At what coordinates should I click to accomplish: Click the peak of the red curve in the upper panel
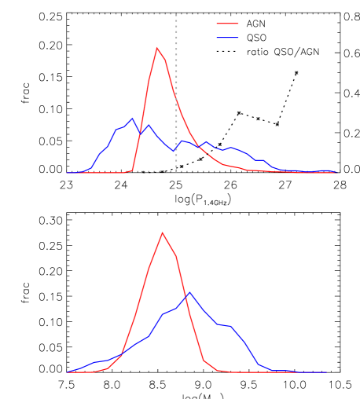(157, 47)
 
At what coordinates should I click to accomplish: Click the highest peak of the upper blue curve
(132, 119)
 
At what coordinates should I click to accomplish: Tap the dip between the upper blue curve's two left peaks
(141, 135)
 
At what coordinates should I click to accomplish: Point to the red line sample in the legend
(227, 24)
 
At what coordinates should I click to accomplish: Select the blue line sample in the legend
(227, 38)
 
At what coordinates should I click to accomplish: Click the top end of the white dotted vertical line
(176, 14)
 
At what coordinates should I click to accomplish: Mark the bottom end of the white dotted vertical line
(176, 172)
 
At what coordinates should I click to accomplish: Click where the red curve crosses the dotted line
(176, 98)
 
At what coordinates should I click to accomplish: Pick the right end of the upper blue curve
(337, 172)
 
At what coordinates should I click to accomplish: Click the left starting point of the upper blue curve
(67, 173)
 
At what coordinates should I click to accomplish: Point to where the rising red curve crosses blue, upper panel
(141, 130)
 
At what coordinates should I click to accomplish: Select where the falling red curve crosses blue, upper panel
(197, 146)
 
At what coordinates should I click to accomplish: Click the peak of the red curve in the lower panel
(162, 232)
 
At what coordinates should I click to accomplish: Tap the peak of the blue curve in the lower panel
(189, 292)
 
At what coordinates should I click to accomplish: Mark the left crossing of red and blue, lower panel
(122, 354)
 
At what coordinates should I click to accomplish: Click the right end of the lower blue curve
(326, 372)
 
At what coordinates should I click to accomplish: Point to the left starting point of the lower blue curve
(67, 372)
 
